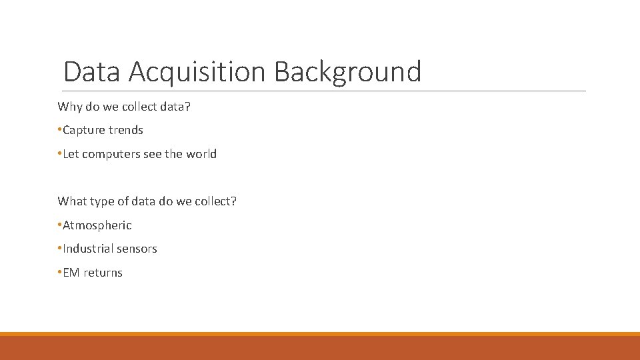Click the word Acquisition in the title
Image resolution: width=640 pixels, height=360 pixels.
[x=198, y=72]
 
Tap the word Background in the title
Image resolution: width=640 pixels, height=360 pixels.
[x=347, y=72]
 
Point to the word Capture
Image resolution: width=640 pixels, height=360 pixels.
[x=84, y=130]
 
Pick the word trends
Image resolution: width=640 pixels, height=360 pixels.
[x=126, y=130]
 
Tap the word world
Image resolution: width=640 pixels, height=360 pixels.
[x=201, y=154]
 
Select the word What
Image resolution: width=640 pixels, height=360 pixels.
[x=71, y=201]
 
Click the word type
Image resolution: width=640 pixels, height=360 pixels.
[x=99, y=201]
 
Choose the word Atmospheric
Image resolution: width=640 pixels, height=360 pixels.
[x=97, y=225]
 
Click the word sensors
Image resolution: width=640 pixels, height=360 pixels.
[x=137, y=249]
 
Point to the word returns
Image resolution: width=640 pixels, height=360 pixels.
[x=103, y=273]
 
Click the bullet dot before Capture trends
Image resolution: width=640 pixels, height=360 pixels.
[x=59, y=130]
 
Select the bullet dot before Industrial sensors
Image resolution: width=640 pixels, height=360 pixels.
[x=59, y=249]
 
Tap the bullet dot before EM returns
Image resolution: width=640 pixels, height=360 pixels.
[x=59, y=273]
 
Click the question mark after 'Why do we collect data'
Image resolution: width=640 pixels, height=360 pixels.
[x=188, y=107]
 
